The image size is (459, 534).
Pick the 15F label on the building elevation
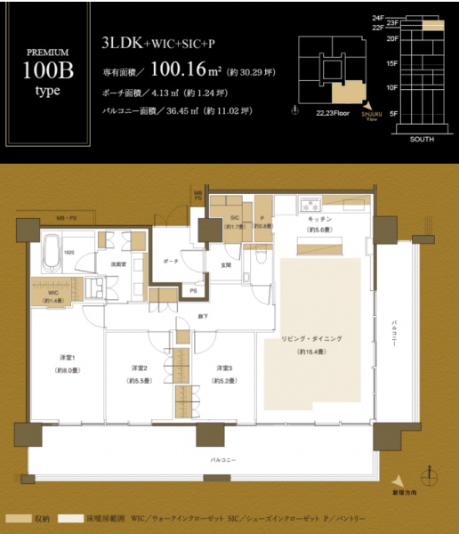pos(391,64)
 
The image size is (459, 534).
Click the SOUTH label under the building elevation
pos(422,141)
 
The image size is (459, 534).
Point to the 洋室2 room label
pos(138,368)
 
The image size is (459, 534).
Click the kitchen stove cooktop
pos(312,201)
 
